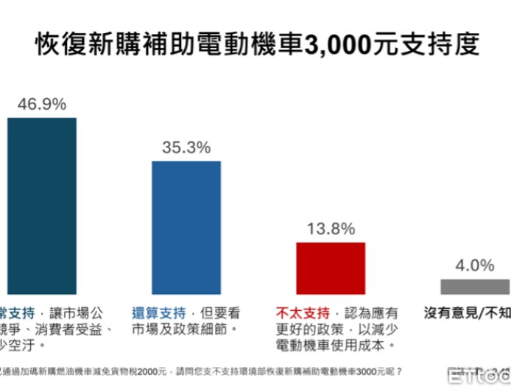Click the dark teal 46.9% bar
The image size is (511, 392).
tap(41, 206)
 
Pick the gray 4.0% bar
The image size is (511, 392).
tap(475, 286)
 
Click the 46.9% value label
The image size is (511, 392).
tap(41, 102)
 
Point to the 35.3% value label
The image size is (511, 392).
tap(186, 147)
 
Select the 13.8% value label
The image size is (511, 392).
tap(331, 228)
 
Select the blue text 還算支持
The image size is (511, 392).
tap(157, 312)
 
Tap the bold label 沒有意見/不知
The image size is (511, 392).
tap(468, 313)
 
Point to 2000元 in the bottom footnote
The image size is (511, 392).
tap(152, 371)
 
